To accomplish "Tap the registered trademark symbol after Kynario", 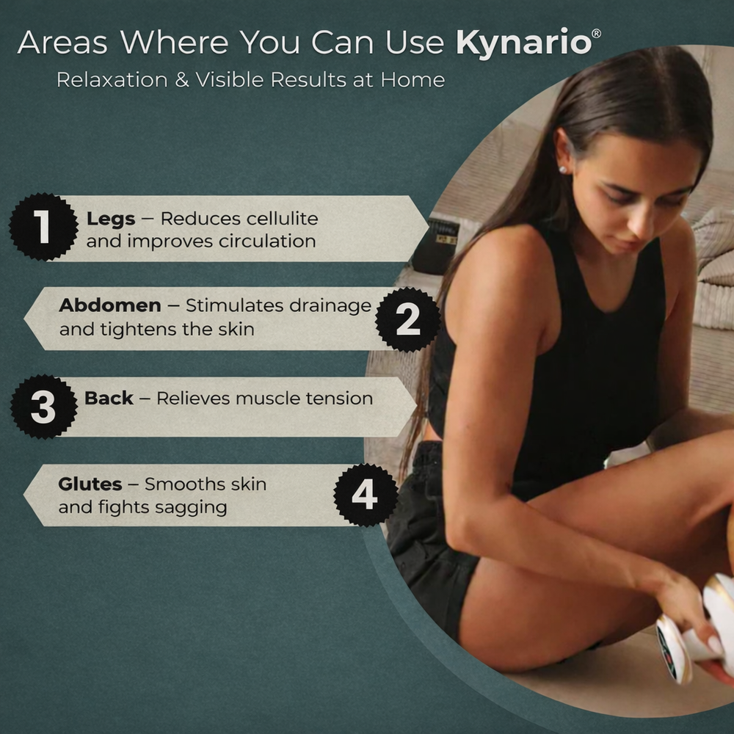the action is (x=596, y=34).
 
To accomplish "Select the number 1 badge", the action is (x=43, y=227).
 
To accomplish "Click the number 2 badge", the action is (x=408, y=319).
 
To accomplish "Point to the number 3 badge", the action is (x=43, y=407).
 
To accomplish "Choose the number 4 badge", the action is (x=365, y=495).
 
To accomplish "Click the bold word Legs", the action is (x=111, y=219).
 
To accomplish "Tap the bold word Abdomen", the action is (x=110, y=305).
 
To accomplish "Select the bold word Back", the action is (x=109, y=399).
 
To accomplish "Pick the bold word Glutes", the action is (x=90, y=484).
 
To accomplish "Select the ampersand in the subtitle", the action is (x=181, y=79).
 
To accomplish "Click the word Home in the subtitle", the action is (x=413, y=79).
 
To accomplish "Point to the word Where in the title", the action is (x=175, y=43).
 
